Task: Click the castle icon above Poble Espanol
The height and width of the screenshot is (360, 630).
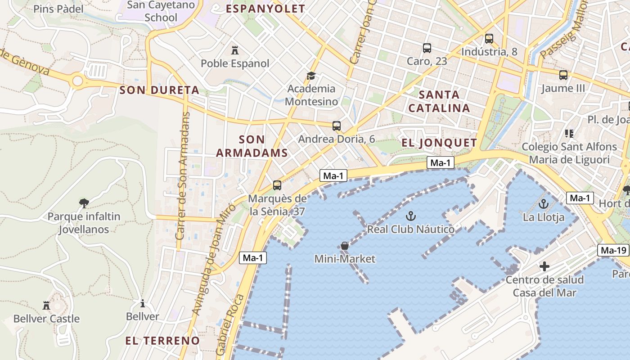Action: click(x=234, y=49)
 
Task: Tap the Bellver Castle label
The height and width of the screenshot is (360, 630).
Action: click(x=46, y=319)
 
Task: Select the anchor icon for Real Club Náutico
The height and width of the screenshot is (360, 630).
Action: click(x=410, y=216)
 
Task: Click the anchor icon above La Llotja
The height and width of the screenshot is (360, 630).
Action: click(x=544, y=204)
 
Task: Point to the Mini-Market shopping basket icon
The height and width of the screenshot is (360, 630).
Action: click(x=344, y=246)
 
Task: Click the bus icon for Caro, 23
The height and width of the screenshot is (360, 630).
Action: click(x=427, y=48)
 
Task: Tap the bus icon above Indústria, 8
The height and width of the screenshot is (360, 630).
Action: click(x=489, y=39)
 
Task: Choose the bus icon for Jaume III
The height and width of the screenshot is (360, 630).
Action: click(x=563, y=75)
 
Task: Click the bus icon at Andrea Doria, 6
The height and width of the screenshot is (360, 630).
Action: click(x=337, y=126)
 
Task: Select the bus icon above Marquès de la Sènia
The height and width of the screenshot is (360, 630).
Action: click(x=277, y=185)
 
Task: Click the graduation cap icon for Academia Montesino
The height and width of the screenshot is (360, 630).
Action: click(x=311, y=75)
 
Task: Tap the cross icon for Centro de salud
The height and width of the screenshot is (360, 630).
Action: click(x=544, y=266)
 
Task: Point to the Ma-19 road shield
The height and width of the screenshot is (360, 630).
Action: click(x=613, y=250)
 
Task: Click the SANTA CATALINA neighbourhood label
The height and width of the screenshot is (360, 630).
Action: click(x=439, y=101)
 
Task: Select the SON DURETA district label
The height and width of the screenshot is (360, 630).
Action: click(x=159, y=90)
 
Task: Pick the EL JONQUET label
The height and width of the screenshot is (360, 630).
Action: click(x=439, y=143)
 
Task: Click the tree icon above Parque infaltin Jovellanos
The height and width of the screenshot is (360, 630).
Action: click(x=84, y=203)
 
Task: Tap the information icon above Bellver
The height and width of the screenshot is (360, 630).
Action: click(x=143, y=303)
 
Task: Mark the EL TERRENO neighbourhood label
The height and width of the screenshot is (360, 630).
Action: click(x=162, y=340)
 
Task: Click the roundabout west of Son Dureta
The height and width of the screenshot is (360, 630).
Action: click(x=78, y=81)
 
